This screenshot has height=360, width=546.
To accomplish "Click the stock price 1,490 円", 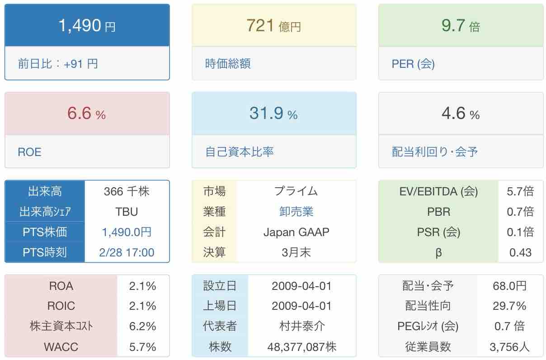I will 87,26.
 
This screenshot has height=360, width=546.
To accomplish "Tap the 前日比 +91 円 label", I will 58,64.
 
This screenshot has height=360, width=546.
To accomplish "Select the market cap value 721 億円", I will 274,26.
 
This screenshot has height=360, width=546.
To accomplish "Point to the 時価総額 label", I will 228,64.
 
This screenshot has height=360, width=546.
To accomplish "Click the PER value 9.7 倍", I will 461,26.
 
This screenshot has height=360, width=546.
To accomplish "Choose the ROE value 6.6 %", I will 86,114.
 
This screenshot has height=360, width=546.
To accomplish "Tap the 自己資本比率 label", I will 240,152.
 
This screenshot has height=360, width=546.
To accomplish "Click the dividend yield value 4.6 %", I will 461,114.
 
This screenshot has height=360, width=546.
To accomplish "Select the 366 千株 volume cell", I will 127,191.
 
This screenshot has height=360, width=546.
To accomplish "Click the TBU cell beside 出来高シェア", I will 127,212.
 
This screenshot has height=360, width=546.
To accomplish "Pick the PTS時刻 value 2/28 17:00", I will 127,252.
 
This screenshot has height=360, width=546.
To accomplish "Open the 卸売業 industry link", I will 296,212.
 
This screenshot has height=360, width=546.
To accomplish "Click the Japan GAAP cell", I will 296,232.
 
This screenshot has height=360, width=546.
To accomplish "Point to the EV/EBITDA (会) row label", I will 438,191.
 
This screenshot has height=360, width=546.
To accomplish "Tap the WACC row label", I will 61,347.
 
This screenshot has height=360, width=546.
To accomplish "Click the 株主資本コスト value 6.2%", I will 143,326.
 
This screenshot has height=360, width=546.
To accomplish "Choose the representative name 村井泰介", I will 301,326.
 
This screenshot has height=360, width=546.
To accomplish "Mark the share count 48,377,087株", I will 301,347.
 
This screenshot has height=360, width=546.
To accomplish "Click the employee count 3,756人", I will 509,347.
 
